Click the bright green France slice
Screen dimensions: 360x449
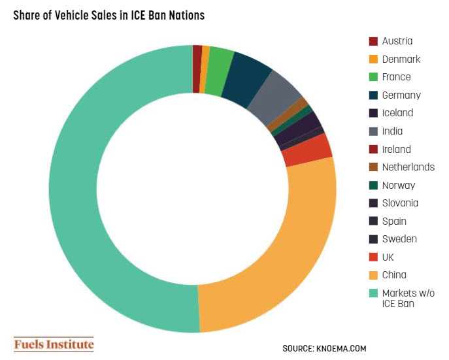pyautogui.click(x=220, y=63)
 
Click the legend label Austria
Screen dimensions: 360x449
pyautogui.click(x=397, y=41)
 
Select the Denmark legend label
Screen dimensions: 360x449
pyautogui.click(x=401, y=59)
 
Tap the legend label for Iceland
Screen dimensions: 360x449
pyautogui.click(x=397, y=113)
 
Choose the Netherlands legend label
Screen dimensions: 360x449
pyautogui.click(x=408, y=167)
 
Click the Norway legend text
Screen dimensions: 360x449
pyautogui.click(x=398, y=185)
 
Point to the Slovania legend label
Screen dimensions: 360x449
pyautogui.click(x=400, y=203)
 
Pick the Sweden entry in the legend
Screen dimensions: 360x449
pyautogui.click(x=399, y=239)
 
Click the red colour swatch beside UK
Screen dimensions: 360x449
pyautogui.click(x=373, y=257)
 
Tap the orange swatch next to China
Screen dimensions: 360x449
pyautogui.click(x=373, y=275)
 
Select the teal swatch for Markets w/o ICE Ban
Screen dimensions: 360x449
pyautogui.click(x=373, y=293)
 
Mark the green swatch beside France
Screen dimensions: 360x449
pyautogui.click(x=373, y=77)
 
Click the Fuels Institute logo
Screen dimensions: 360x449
pyautogui.click(x=54, y=344)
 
